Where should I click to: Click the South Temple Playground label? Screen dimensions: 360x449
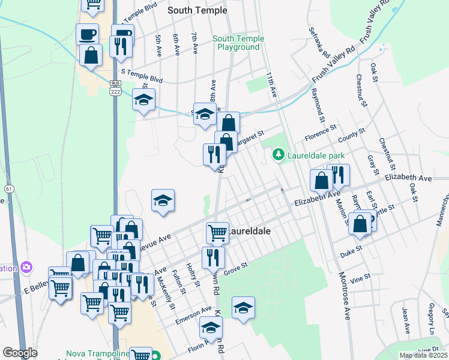click(238, 43)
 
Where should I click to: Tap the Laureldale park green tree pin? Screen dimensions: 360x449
click(278, 155)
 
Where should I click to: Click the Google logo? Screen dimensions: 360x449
click(20, 352)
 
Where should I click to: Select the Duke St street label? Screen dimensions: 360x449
click(352, 248)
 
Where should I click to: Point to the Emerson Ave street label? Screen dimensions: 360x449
click(193, 316)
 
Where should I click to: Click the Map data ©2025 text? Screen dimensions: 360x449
click(423, 355)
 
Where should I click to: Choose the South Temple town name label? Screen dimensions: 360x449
click(197, 10)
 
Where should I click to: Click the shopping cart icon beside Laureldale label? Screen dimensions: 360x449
click(217, 232)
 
